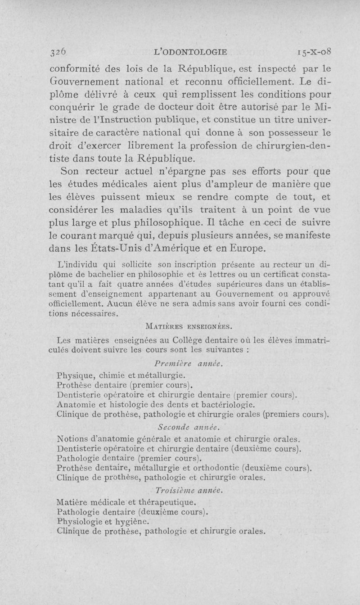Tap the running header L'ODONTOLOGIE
pyautogui.click(x=190, y=52)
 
